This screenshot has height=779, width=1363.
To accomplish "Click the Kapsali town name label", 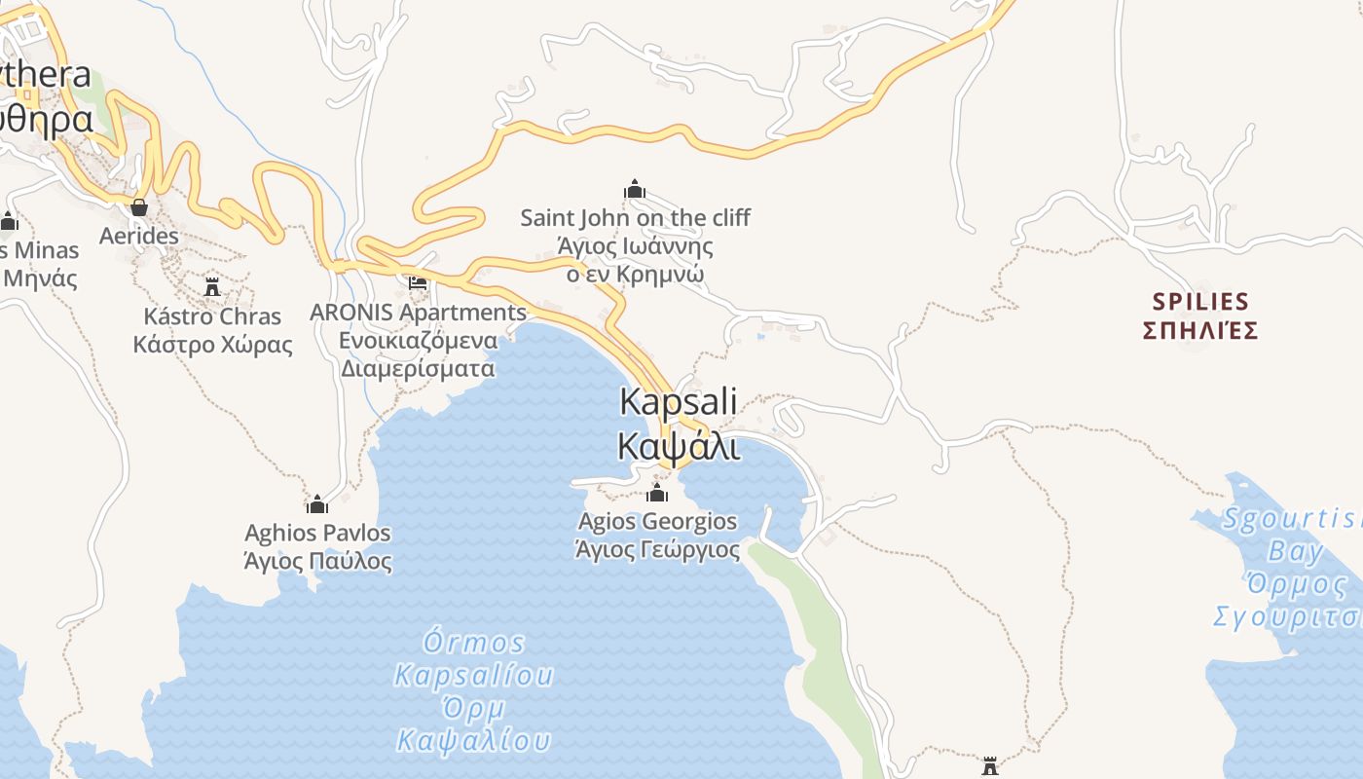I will click(x=679, y=402).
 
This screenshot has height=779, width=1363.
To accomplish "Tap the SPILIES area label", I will click(x=1199, y=302).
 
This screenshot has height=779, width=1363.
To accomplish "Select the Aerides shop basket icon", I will click(x=139, y=207).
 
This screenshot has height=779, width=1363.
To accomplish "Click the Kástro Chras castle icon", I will click(x=212, y=286).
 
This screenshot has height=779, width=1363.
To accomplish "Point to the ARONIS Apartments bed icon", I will click(x=418, y=283).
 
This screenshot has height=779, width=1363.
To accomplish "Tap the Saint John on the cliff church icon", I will click(x=635, y=189).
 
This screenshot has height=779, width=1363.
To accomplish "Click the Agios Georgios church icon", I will click(x=657, y=493).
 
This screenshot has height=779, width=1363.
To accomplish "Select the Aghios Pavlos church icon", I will click(x=316, y=503).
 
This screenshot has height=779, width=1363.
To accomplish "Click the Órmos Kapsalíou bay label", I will click(x=474, y=658).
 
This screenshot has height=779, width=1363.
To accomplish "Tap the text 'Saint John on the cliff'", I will click(x=635, y=218).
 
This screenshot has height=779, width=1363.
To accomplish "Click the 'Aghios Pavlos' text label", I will click(x=317, y=534).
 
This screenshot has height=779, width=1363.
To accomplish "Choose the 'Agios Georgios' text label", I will click(x=657, y=522).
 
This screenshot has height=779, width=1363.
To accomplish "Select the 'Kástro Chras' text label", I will click(x=212, y=316).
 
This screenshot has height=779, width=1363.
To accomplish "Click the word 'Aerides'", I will click(x=139, y=236).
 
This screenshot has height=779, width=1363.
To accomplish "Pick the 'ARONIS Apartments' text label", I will click(x=418, y=313).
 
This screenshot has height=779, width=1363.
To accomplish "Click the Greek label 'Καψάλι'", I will click(x=679, y=446).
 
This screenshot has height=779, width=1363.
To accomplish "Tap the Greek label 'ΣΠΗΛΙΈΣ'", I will click(x=1199, y=330).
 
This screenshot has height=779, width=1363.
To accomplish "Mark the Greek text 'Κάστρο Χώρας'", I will click(x=212, y=345).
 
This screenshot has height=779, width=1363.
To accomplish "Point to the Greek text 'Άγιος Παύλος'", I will click(x=317, y=562).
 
